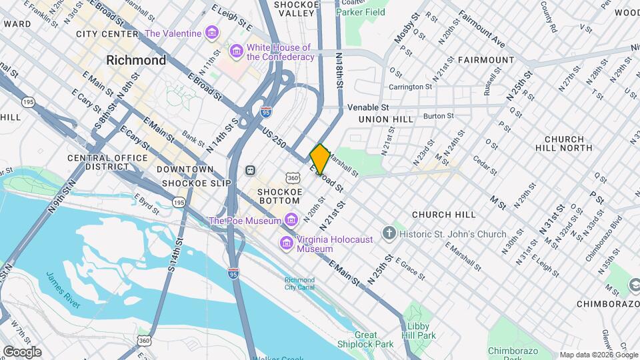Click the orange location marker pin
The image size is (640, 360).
click(x=320, y=159)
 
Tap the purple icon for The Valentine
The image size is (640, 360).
click(x=212, y=33)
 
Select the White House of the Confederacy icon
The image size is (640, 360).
click(x=235, y=51)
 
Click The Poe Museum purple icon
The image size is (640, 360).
click(x=291, y=220)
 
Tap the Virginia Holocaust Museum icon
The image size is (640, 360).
click(x=287, y=243)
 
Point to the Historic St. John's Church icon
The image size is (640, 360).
click(x=389, y=234)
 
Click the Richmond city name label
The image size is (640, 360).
click(x=136, y=60)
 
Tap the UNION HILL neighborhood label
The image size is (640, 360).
click(x=386, y=119)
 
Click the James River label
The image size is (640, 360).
click(x=63, y=289)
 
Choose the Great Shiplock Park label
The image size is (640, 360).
click(x=374, y=340)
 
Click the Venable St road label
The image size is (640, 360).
click(x=367, y=107)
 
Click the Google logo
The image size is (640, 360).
click(x=22, y=351)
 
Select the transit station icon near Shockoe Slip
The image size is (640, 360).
click(x=251, y=170)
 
